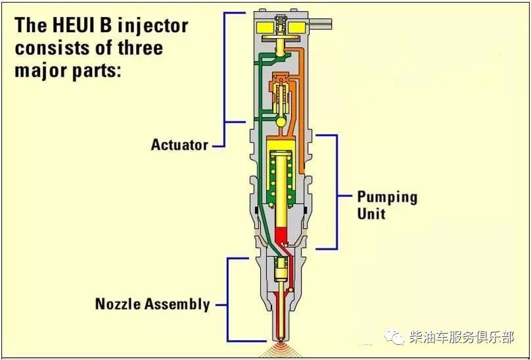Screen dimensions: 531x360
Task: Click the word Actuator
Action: (179, 145)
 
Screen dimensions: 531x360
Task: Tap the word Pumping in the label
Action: (388, 198)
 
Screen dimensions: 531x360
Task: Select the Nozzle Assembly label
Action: (152, 304)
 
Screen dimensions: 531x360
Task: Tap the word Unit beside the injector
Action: (371, 214)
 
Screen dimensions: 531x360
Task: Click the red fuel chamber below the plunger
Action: (281, 235)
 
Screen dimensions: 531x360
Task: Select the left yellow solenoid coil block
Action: (265, 28)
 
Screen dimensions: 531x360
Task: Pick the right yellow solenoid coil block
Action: (298, 28)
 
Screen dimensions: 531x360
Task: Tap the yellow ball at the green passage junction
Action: (281, 122)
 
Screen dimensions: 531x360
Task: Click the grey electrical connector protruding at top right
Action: (319, 24)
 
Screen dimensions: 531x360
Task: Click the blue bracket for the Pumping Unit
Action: (336, 192)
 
